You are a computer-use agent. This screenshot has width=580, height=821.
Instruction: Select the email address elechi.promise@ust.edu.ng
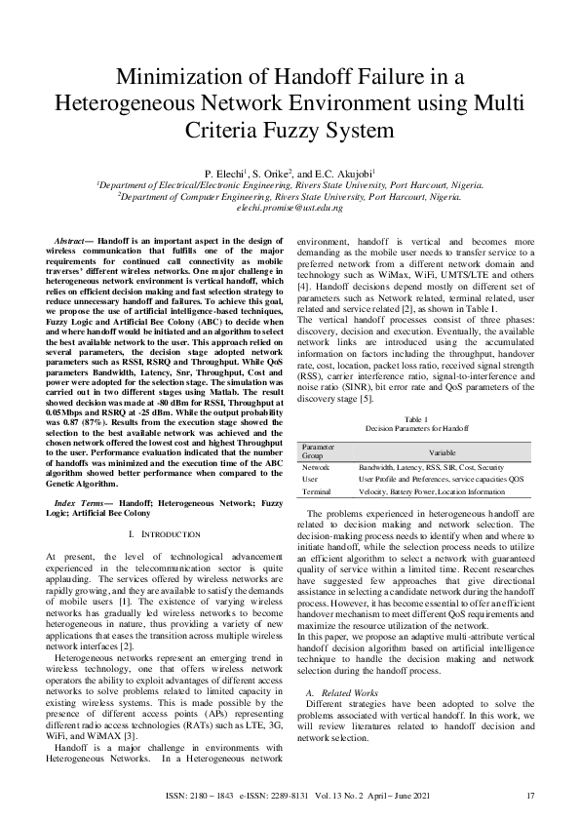(x=290, y=207)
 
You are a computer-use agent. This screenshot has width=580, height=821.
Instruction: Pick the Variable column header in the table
(x=443, y=451)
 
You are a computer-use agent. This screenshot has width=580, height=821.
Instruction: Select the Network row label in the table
(x=317, y=468)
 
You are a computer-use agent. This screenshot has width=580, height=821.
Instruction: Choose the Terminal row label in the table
(x=318, y=492)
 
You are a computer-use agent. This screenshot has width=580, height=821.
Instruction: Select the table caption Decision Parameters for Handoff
(x=416, y=428)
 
